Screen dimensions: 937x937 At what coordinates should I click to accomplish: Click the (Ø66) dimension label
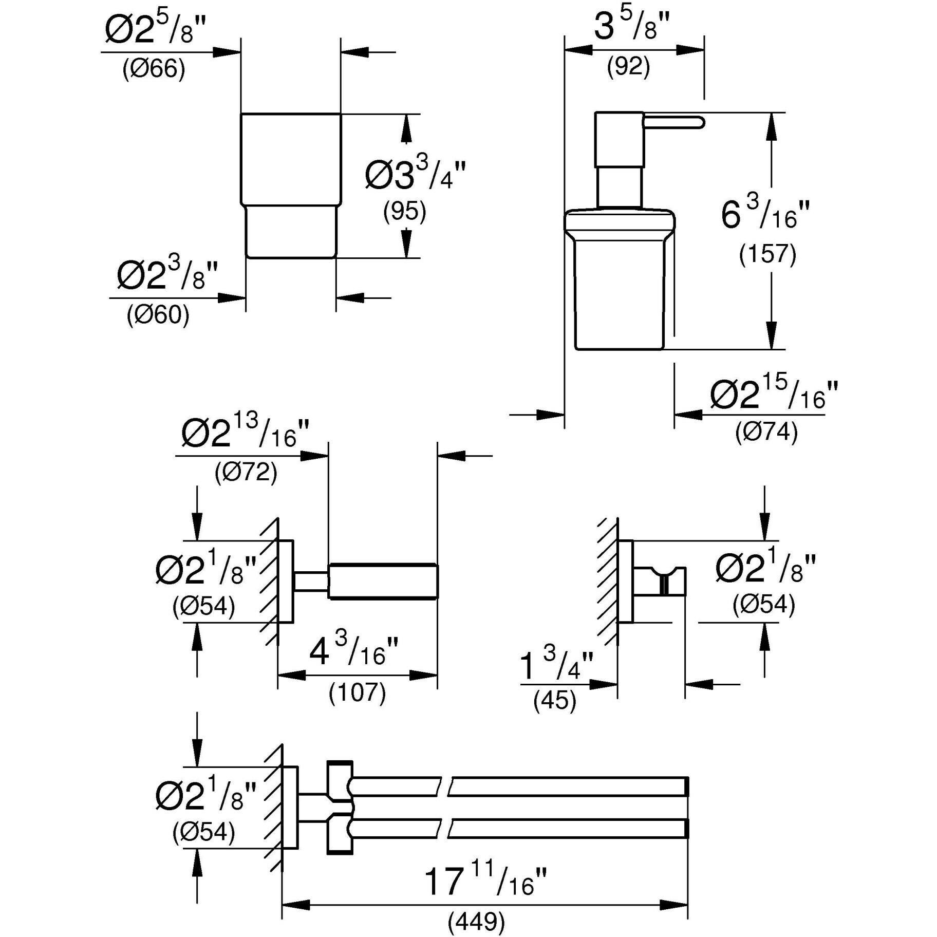(x=154, y=69)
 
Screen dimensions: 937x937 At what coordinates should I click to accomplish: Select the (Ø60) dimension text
(x=158, y=314)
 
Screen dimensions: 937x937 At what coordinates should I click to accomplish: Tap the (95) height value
(x=405, y=211)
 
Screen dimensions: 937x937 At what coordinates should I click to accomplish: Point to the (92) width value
(x=628, y=67)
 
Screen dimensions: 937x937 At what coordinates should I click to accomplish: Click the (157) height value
(x=767, y=254)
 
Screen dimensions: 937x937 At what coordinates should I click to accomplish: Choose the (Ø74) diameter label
(x=766, y=432)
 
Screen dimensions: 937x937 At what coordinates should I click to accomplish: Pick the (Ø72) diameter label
(x=246, y=471)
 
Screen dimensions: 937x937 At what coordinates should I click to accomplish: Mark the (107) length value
(x=357, y=692)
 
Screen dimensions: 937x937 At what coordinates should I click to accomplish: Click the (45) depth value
(x=555, y=700)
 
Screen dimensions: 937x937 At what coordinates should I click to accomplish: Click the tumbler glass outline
(x=291, y=185)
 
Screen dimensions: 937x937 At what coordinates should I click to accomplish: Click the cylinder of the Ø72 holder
(x=383, y=581)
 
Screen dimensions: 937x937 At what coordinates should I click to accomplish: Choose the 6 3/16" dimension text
(x=765, y=214)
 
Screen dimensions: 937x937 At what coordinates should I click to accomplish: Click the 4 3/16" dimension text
(x=354, y=652)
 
